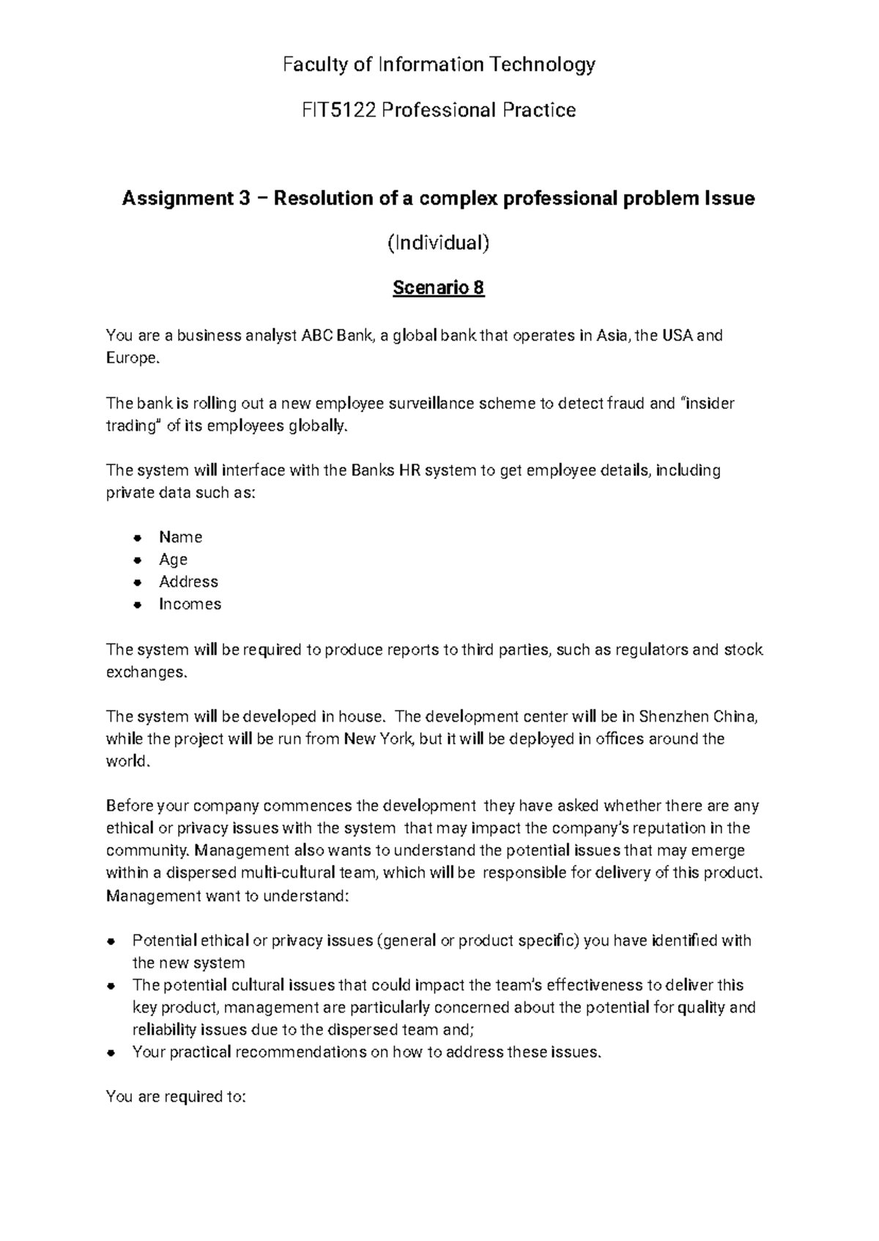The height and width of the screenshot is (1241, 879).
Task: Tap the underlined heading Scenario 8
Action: (438, 288)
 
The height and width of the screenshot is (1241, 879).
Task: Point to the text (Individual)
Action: (438, 242)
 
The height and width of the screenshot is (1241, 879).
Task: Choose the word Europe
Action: (130, 359)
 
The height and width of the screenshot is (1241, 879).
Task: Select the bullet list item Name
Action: (180, 538)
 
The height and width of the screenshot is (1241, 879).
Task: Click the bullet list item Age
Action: (173, 560)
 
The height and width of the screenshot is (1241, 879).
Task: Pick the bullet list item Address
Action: (188, 582)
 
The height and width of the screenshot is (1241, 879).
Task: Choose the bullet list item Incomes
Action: (190, 604)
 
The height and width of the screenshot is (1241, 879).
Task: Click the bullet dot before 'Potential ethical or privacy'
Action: (111, 941)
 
